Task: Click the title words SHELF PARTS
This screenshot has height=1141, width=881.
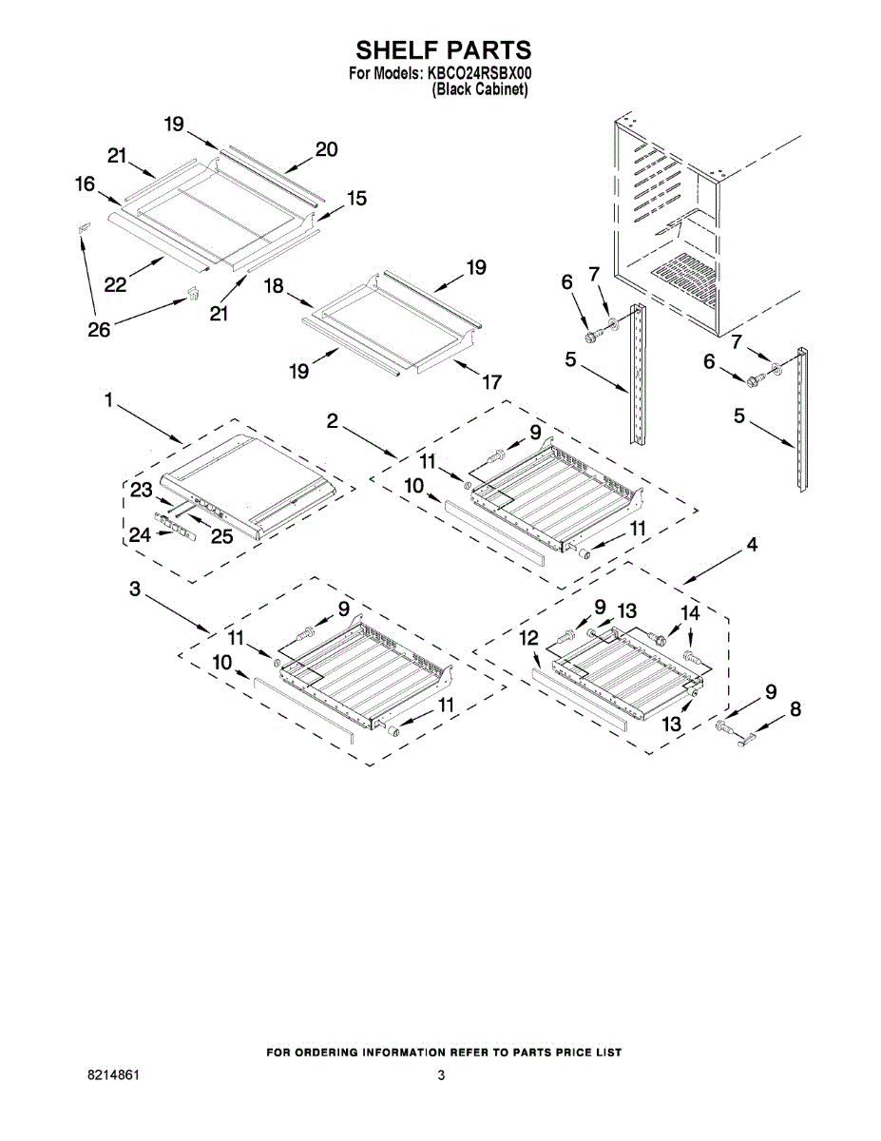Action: (x=443, y=50)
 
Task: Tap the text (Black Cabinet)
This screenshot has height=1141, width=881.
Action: (x=480, y=88)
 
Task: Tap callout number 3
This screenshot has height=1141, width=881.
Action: (x=136, y=590)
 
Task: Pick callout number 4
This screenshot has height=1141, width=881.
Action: (x=751, y=546)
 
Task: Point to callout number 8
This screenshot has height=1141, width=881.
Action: (x=795, y=708)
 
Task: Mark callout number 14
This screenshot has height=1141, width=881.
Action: (x=690, y=613)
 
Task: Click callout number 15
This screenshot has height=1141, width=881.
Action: (x=356, y=199)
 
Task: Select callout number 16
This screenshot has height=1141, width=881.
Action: (x=86, y=184)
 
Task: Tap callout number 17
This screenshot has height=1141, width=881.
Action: (x=491, y=383)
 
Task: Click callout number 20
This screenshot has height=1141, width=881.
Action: (x=326, y=149)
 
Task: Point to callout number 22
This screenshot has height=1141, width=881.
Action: (x=116, y=283)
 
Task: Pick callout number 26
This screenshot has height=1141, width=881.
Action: (x=99, y=330)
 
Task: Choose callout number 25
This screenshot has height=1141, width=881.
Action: (x=221, y=536)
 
